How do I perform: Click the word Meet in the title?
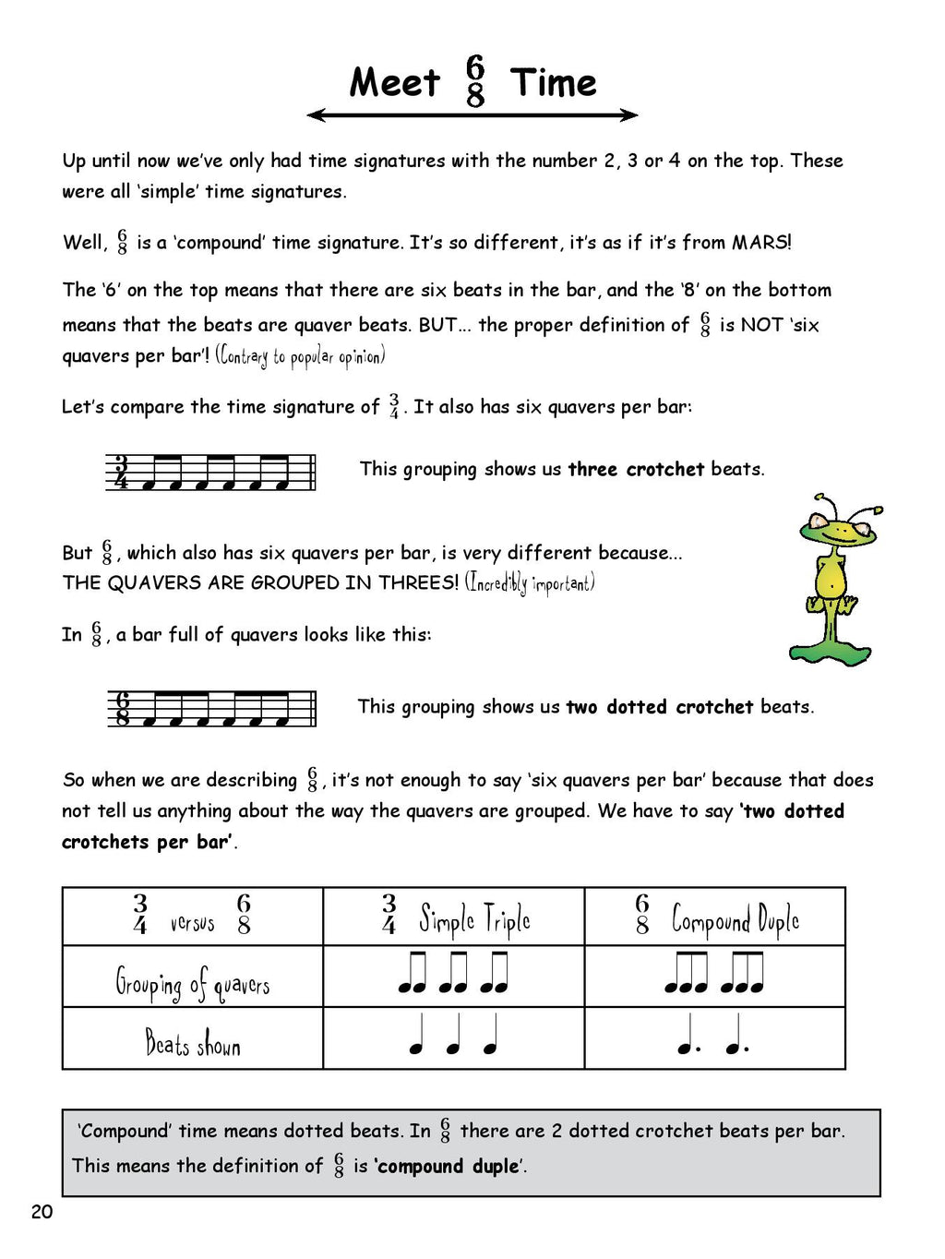click(x=395, y=83)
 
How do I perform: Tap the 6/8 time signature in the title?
click(x=475, y=81)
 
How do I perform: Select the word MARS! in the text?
click(x=761, y=243)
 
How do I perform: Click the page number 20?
click(x=42, y=1212)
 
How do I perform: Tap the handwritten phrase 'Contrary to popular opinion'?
click(x=300, y=356)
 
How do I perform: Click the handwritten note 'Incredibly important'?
click(x=530, y=583)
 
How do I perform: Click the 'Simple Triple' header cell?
click(x=454, y=917)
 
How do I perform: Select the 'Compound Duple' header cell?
click(x=715, y=917)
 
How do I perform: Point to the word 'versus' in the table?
click(x=192, y=922)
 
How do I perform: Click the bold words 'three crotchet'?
click(x=636, y=469)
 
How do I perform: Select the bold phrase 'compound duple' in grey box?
click(x=449, y=1167)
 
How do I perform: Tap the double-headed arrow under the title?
click(x=472, y=115)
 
